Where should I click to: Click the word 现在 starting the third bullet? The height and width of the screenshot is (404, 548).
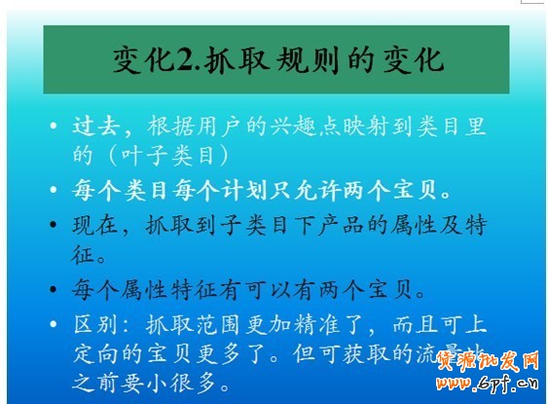(95, 225)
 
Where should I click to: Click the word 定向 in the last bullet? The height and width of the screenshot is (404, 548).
(95, 350)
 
